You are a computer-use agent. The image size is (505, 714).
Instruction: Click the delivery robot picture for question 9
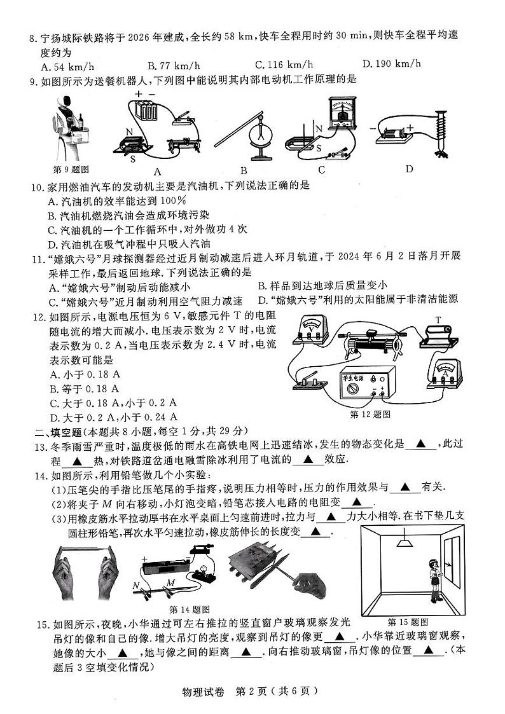click(70, 127)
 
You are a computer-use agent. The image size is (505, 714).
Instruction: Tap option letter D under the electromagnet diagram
click(409, 168)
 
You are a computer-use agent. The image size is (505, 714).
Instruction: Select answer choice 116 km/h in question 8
click(284, 64)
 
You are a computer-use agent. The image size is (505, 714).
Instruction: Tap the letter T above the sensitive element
click(438, 319)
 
